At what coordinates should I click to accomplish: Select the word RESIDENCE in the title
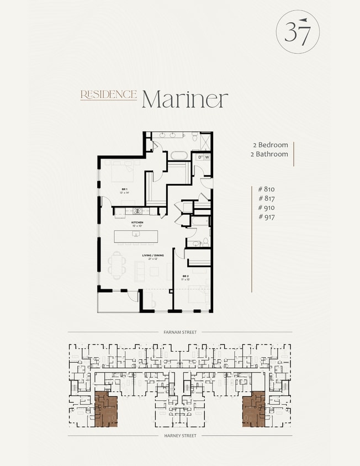pyautogui.click(x=108, y=94)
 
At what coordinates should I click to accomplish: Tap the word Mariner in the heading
pyautogui.click(x=184, y=99)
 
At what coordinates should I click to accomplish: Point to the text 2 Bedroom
pyautogui.click(x=270, y=145)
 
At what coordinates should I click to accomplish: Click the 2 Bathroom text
pyautogui.click(x=269, y=154)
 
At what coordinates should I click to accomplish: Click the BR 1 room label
pyautogui.click(x=124, y=190)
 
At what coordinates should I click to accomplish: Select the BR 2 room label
pyautogui.click(x=186, y=276)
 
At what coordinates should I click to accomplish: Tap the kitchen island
pyautogui.click(x=135, y=236)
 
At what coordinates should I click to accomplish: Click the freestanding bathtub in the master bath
pyautogui.click(x=178, y=155)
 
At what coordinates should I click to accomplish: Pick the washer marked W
pyautogui.click(x=208, y=157)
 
